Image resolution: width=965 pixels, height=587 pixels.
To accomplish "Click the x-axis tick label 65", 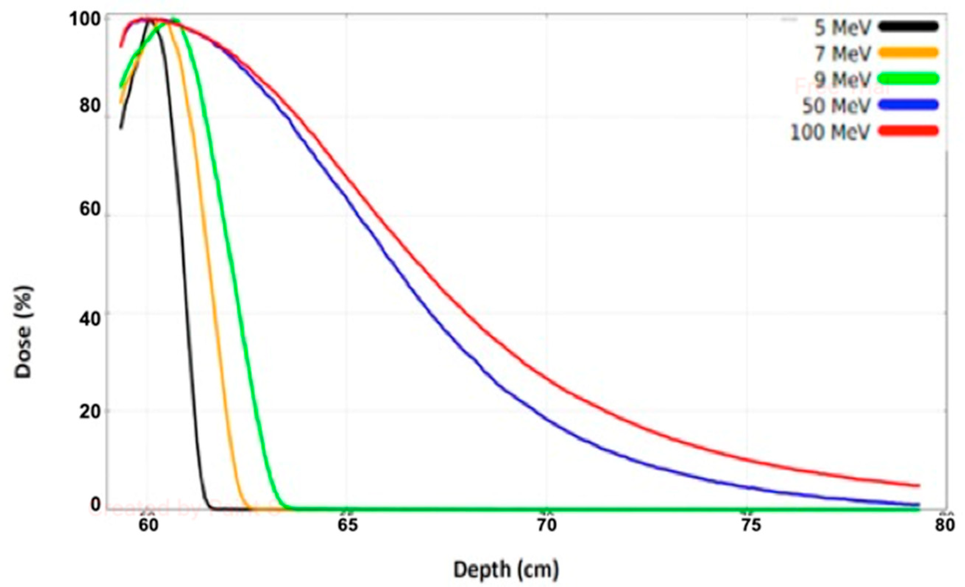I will (348, 525).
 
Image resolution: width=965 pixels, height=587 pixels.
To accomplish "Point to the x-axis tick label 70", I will (547, 525).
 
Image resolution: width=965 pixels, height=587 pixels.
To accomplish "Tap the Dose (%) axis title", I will (23, 332).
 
